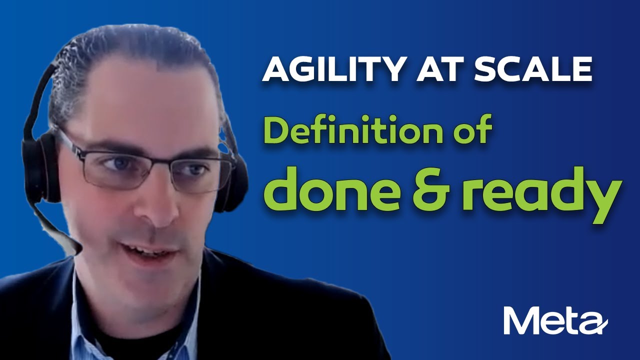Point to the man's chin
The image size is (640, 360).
pyautogui.click(x=150, y=290)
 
